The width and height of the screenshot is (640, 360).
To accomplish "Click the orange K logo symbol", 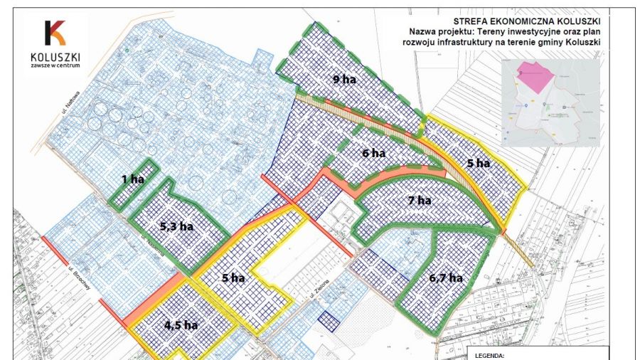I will click(x=55, y=33).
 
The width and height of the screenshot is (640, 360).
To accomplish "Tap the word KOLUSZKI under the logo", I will click(x=55, y=56).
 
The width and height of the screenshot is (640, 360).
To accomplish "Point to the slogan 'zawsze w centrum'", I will click(x=55, y=65).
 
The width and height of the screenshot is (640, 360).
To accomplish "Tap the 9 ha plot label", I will click(x=344, y=80).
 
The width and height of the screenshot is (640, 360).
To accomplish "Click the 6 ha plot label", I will click(x=373, y=153).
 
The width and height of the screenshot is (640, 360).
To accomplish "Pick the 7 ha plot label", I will click(x=420, y=201).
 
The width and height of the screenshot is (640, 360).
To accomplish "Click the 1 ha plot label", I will click(x=132, y=179).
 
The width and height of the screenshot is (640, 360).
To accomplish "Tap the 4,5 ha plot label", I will click(x=182, y=325).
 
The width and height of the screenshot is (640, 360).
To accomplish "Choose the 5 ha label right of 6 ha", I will click(x=479, y=163).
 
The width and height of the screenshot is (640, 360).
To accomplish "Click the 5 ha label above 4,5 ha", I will click(x=233, y=278).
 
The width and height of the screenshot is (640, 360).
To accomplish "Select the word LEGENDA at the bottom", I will click(x=491, y=354).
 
